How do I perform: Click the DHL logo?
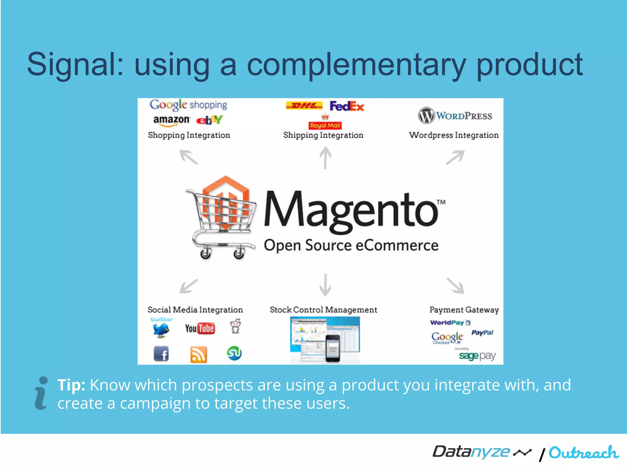pyautogui.click(x=304, y=106)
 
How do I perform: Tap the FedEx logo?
pyautogui.click(x=347, y=106)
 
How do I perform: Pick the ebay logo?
pyautogui.click(x=209, y=120)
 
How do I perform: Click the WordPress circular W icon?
pyautogui.click(x=426, y=116)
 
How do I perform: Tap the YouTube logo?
pyautogui.click(x=200, y=329)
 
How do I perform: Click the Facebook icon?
pyautogui.click(x=161, y=354)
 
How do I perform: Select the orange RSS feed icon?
pyautogui.click(x=199, y=355)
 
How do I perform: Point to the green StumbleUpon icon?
pyautogui.click(x=235, y=353)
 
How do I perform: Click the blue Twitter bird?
pyautogui.click(x=161, y=330)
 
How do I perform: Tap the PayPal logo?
pyautogui.click(x=482, y=333)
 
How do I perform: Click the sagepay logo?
pyautogui.click(x=477, y=356)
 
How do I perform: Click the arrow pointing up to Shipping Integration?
pyautogui.click(x=325, y=158)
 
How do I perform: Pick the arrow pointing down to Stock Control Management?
pyautogui.click(x=325, y=285)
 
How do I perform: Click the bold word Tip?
pyautogui.click(x=71, y=385)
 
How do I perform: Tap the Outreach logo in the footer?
pyautogui.click(x=584, y=453)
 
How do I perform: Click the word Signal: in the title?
pyautogui.click(x=75, y=65)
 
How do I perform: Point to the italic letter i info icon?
pyautogui.click(x=41, y=393)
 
